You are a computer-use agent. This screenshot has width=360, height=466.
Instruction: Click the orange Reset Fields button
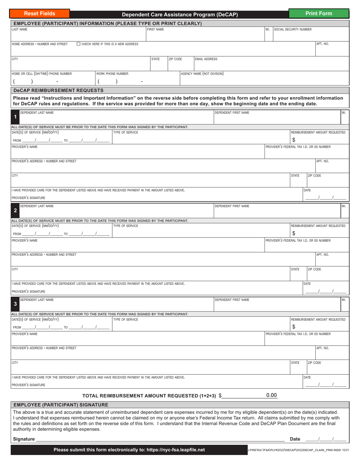[x=40, y=14]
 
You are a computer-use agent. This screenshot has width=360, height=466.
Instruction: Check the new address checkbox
[x=78, y=44]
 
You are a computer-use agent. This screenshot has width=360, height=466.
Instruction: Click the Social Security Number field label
[x=293, y=29]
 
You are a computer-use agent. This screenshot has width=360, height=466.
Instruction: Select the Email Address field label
[x=206, y=59]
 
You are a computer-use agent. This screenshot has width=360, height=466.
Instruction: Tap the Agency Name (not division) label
[x=202, y=73]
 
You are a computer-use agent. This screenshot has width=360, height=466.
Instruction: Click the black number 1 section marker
[x=15, y=117]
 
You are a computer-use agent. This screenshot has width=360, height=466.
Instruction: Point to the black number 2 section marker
[x=15, y=210]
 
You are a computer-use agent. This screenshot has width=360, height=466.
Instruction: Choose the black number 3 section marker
[x=15, y=304]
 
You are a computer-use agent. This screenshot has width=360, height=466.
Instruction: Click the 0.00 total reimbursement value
[x=271, y=395]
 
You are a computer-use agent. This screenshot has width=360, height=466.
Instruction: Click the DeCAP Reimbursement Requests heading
[x=58, y=90]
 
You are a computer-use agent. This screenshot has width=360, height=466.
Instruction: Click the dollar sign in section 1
[x=294, y=140]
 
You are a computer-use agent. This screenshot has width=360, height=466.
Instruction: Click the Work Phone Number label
[x=113, y=73]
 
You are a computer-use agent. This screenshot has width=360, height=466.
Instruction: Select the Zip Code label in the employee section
[x=175, y=59]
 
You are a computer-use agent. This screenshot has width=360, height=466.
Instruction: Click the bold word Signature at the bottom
[x=23, y=439]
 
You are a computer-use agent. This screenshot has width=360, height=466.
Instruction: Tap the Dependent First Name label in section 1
[x=232, y=113]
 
